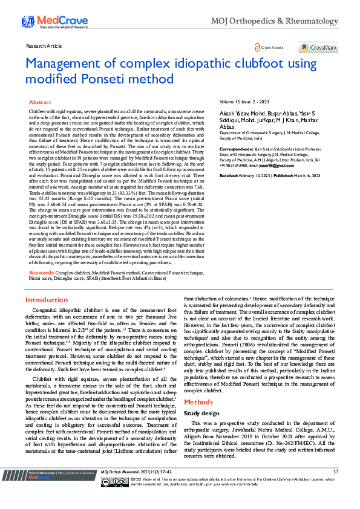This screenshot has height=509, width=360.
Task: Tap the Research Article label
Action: tap(44, 46)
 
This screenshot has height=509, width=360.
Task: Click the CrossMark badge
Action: tap(318, 47)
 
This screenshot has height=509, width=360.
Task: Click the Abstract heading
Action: tap(40, 103)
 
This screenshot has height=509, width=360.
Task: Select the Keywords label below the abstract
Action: tap(41, 273)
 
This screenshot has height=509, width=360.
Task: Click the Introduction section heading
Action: tap(47, 300)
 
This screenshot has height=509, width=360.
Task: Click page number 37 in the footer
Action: tap(335, 488)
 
